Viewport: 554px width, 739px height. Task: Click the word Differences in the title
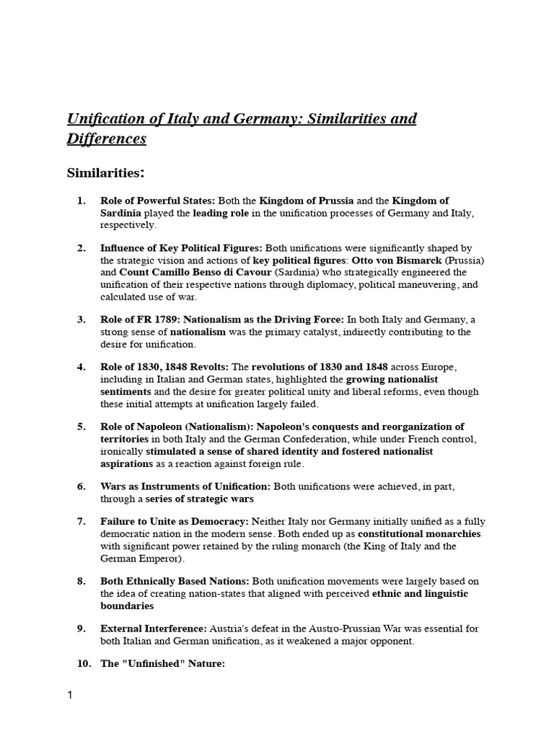tap(107, 139)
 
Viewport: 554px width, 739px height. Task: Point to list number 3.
tap(82, 320)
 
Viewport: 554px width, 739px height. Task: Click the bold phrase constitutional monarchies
tap(419, 534)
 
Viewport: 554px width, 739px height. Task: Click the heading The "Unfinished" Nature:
tap(163, 664)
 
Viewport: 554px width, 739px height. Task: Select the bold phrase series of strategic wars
tap(200, 499)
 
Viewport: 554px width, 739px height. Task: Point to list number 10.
tap(84, 664)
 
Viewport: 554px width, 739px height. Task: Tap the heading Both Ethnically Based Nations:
tap(175, 581)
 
